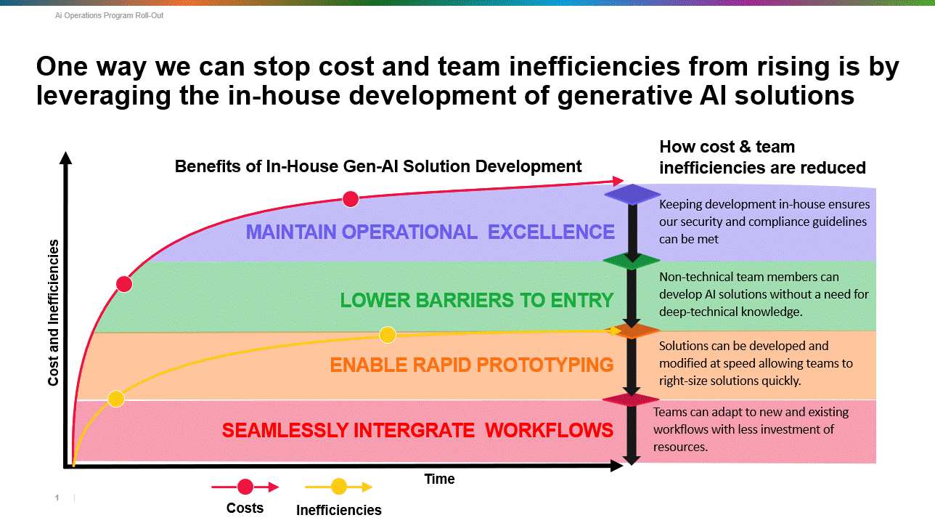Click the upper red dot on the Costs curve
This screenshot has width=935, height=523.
point(350,199)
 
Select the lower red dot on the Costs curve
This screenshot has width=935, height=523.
point(124,284)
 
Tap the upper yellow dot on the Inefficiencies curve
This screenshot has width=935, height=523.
point(388,335)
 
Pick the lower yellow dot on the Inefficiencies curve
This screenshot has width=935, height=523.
point(116,399)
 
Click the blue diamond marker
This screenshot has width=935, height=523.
point(632,194)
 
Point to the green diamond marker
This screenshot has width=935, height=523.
point(632,261)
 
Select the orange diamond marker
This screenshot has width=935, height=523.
point(632,331)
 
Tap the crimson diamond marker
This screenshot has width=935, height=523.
point(631,400)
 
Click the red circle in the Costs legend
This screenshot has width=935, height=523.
point(245,487)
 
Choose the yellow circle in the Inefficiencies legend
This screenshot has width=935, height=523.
point(339,487)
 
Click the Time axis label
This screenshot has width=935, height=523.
point(439,479)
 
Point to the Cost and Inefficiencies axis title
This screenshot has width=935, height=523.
point(53,312)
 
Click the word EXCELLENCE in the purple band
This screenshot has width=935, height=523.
point(551,232)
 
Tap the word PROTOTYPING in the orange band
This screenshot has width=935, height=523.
point(544,365)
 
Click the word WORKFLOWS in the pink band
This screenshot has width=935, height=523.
point(549,430)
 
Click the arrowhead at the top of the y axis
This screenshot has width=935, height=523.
point(65,158)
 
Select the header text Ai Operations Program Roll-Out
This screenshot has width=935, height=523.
point(109,15)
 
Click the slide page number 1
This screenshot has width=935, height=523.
point(57,498)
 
